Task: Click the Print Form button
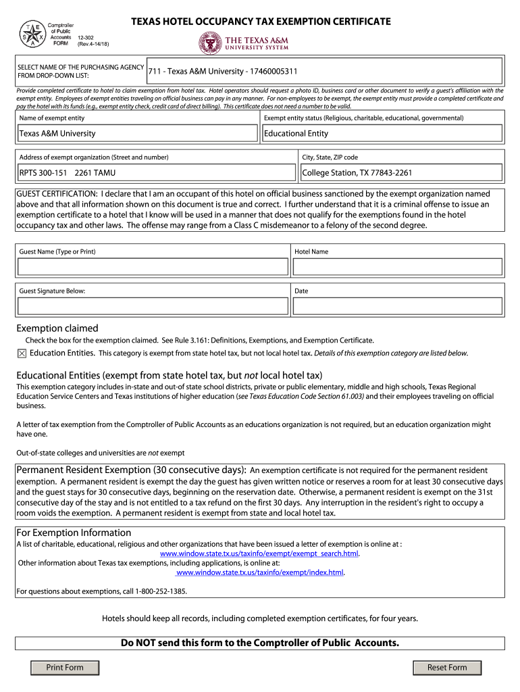pyautogui.click(x=65, y=668)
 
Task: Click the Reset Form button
pyautogui.click(x=447, y=668)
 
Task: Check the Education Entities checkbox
pyautogui.click(x=22, y=353)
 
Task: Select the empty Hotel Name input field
pyautogui.click(x=397, y=267)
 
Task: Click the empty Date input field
pyautogui.click(x=397, y=306)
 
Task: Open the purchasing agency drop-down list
pyautogui.click(x=323, y=71)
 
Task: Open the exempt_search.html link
pyautogui.click(x=259, y=553)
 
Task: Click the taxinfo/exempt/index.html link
pyautogui.click(x=260, y=572)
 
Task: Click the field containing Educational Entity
pyautogui.click(x=382, y=134)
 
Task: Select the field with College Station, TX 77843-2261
pyautogui.click(x=401, y=173)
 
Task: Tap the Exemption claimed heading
pyautogui.click(x=57, y=328)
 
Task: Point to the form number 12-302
pyautogui.click(x=86, y=39)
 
